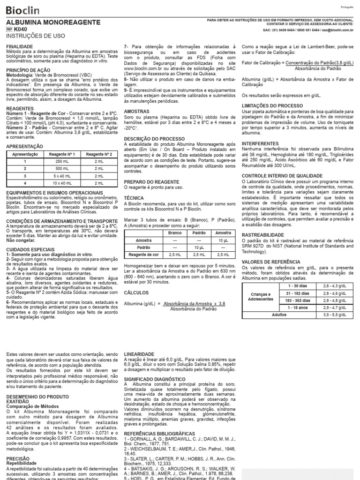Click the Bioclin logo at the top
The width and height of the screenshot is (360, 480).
point(22,10)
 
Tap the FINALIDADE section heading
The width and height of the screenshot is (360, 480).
point(19,47)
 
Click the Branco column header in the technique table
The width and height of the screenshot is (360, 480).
point(175,232)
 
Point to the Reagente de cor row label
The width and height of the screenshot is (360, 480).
point(143,254)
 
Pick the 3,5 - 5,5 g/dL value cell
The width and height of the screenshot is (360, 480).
point(332,315)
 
